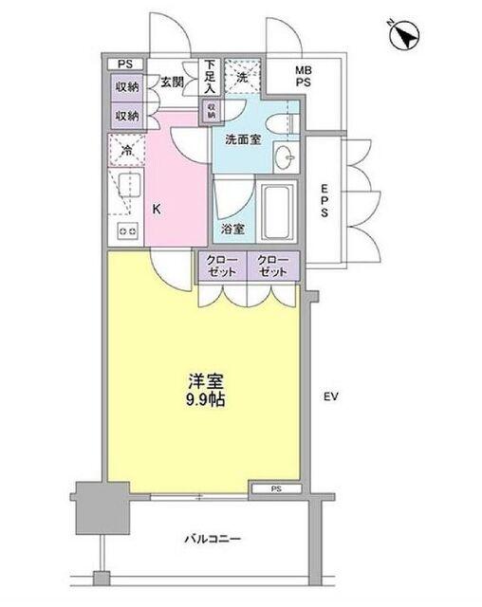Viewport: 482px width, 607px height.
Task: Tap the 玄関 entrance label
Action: point(171,82)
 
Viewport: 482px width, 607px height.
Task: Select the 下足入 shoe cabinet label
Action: point(210,76)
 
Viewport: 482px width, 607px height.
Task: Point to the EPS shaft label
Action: point(324,201)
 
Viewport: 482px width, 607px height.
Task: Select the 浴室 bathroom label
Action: point(232,228)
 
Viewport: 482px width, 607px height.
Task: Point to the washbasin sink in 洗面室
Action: point(283,156)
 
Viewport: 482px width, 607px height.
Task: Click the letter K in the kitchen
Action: point(156,210)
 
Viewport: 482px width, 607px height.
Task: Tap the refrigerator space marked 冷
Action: point(124,149)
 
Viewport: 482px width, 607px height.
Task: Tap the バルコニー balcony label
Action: point(212,540)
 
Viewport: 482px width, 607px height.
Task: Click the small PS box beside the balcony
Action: point(276,489)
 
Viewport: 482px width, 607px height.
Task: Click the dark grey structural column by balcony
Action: point(98,507)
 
